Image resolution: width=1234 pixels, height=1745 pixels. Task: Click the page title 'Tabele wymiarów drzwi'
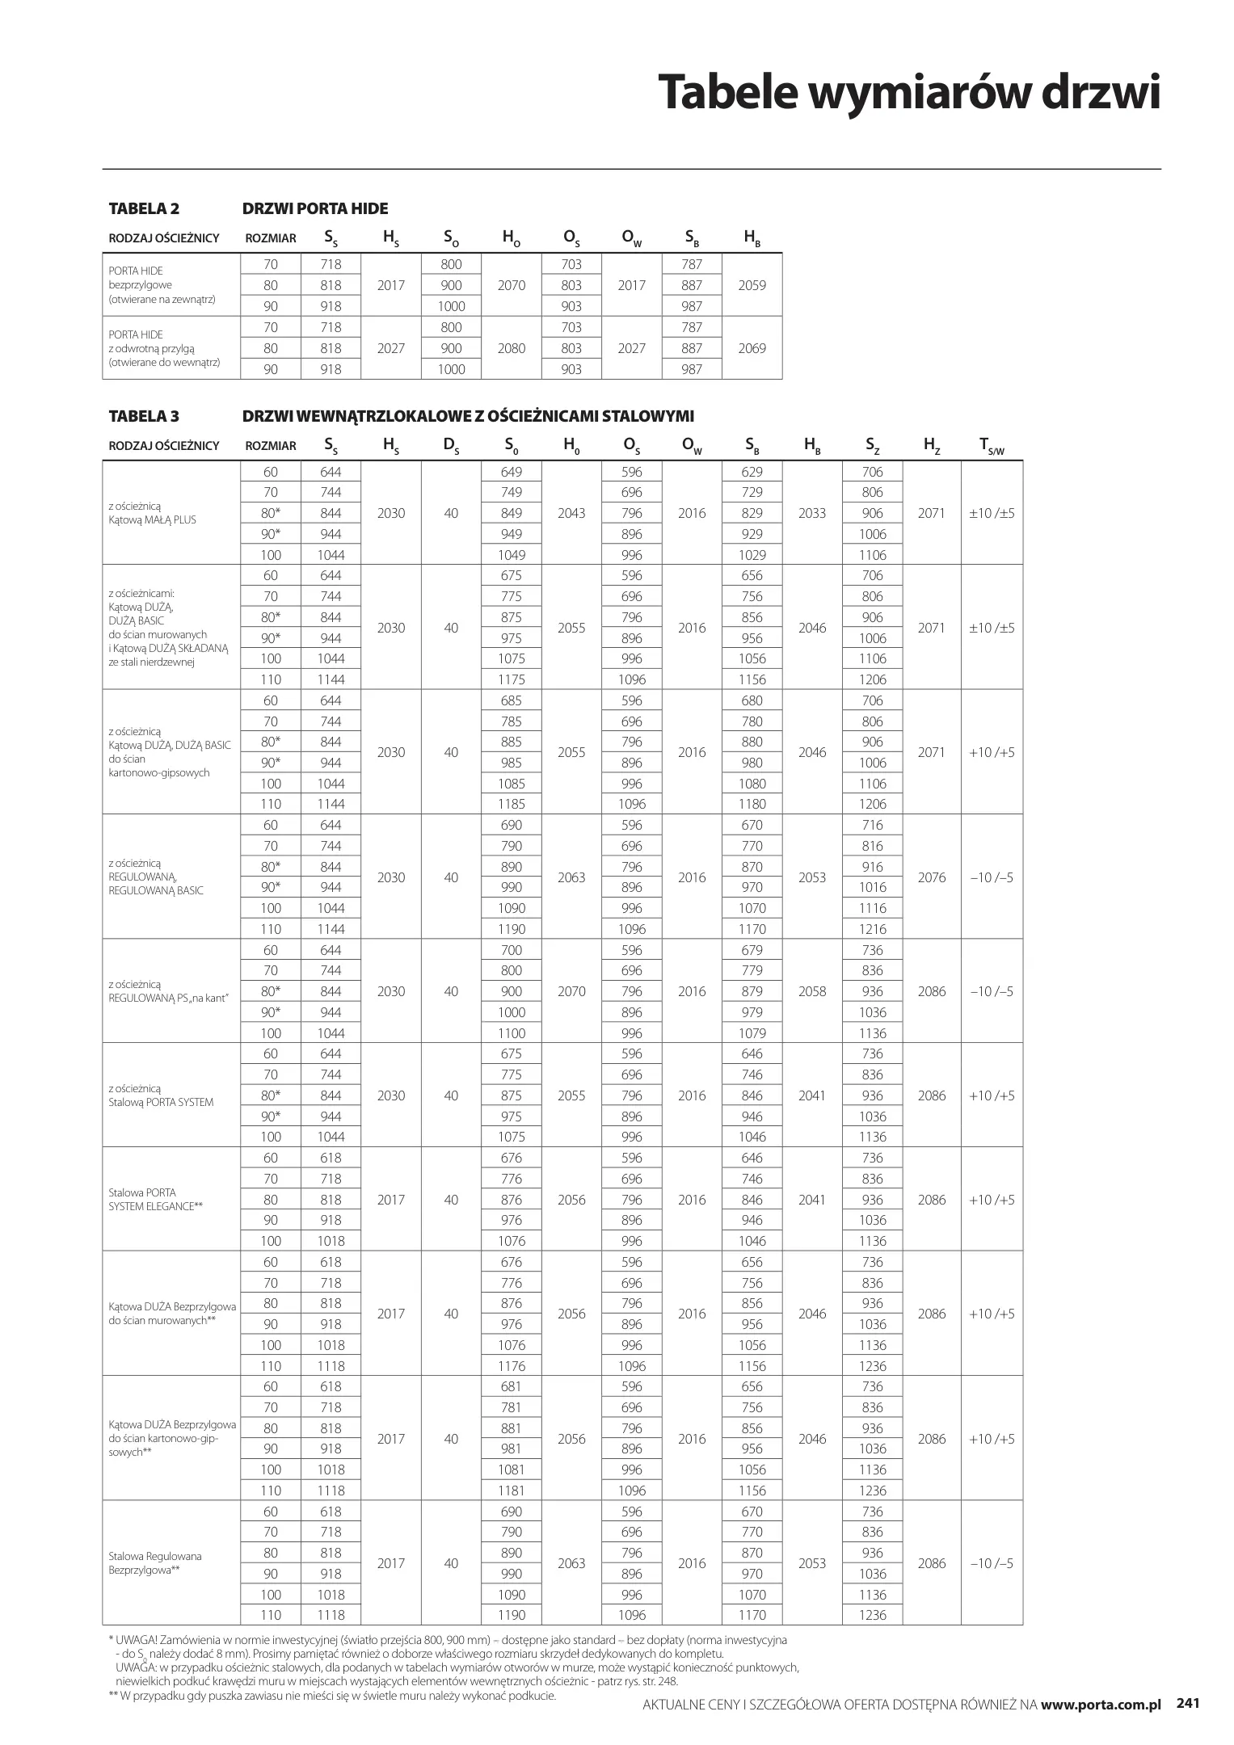(x=908, y=92)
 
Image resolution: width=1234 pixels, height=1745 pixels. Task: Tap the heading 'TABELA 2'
(x=144, y=208)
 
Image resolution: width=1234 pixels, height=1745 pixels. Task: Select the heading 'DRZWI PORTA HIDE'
(x=315, y=208)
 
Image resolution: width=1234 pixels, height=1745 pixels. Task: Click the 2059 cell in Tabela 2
(x=752, y=285)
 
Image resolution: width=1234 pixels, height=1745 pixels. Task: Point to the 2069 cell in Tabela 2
(x=752, y=348)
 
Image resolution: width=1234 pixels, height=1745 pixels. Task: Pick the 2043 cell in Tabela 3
(x=571, y=513)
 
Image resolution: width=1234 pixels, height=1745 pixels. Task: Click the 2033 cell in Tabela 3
(x=811, y=513)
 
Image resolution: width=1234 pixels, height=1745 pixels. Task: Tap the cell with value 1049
(x=512, y=555)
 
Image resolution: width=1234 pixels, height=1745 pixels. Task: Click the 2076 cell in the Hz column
(x=931, y=877)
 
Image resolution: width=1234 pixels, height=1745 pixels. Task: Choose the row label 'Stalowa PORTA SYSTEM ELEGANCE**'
(x=155, y=1200)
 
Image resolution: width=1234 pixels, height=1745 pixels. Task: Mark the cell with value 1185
(x=512, y=804)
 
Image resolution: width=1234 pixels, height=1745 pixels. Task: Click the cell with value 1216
(x=873, y=929)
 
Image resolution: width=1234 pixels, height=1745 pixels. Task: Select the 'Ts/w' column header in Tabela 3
(x=991, y=445)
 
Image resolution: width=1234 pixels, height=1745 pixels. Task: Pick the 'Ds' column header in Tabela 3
(x=451, y=445)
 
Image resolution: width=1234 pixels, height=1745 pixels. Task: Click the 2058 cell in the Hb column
(x=811, y=991)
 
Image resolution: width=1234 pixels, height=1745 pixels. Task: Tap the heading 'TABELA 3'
(x=144, y=416)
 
